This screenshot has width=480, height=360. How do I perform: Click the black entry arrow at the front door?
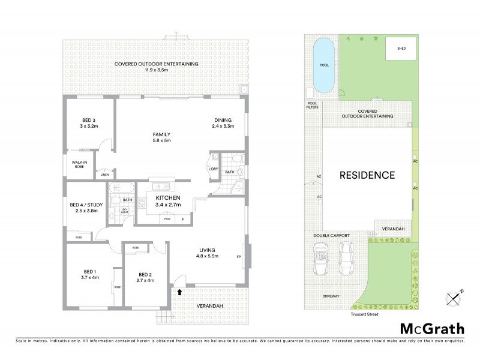(178, 292)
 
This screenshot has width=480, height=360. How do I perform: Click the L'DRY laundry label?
(213, 169)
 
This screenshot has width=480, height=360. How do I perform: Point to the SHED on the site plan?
(396, 49)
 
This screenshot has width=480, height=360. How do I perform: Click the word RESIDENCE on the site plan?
(367, 175)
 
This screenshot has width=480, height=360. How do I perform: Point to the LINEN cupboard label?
(104, 175)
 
